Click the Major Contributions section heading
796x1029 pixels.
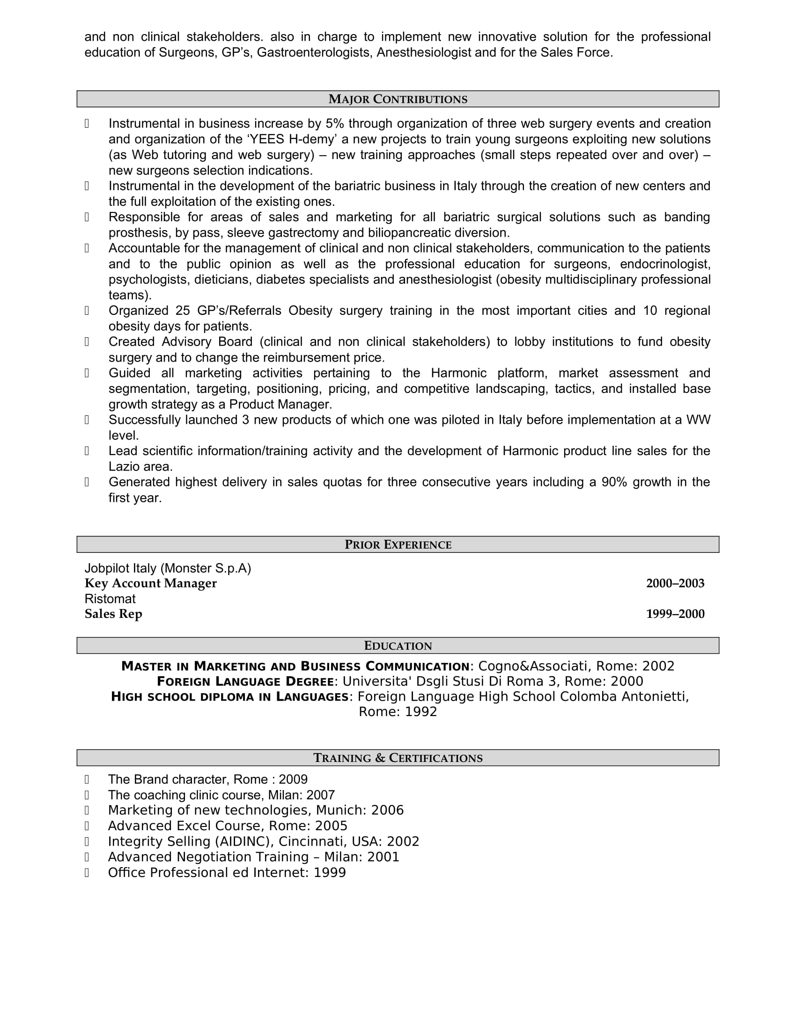click(398, 100)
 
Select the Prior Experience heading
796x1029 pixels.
click(398, 544)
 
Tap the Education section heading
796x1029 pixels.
click(398, 646)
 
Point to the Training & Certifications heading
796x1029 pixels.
click(398, 758)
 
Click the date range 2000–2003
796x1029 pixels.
click(675, 583)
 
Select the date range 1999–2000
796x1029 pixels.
click(675, 614)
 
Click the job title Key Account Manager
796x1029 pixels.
click(150, 583)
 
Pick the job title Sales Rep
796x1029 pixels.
click(113, 614)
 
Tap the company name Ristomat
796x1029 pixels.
click(110, 599)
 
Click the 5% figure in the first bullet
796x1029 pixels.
click(335, 123)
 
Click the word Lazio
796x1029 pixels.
click(124, 466)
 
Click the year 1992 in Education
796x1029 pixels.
click(421, 711)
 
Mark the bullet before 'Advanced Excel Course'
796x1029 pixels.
click(87, 826)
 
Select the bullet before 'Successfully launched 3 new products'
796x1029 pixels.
click(87, 420)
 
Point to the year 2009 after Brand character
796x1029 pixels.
click(293, 780)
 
